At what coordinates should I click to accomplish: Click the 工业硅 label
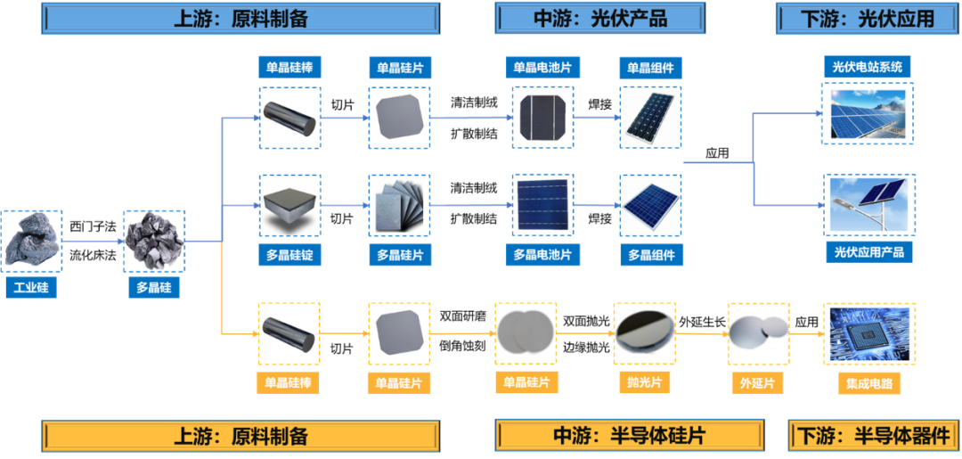pos(32,288)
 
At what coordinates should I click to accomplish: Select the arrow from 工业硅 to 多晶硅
pos(93,241)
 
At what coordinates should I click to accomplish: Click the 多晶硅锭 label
pos(289,255)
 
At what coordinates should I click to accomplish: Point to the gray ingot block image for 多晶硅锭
pos(289,205)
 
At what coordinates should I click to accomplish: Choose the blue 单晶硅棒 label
pos(289,67)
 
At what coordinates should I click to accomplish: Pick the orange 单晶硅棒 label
pos(289,383)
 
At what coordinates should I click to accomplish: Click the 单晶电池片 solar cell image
pos(542,117)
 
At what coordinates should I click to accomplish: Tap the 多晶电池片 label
pos(542,255)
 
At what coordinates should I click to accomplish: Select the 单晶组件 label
pos(650,67)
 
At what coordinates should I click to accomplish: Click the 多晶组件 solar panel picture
pos(650,205)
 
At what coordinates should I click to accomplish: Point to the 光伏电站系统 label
pos(867,66)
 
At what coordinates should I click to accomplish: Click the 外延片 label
pos(758,383)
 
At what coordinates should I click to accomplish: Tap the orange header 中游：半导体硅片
pos(630,436)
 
